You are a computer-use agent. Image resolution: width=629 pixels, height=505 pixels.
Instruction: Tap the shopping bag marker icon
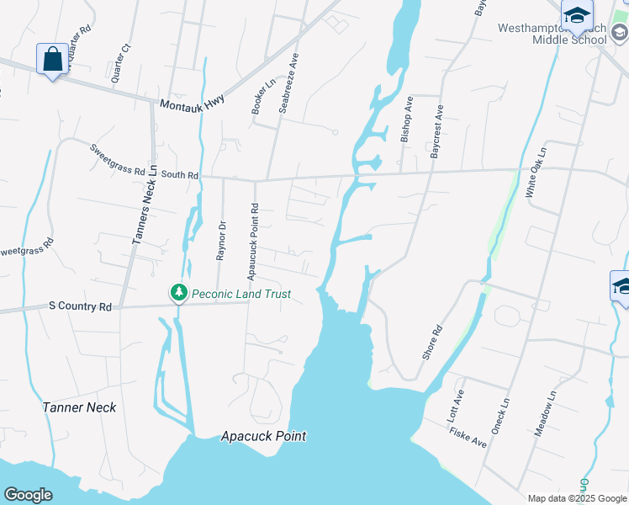pyautogui.click(x=52, y=60)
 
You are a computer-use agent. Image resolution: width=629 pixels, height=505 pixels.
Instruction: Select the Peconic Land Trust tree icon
pyautogui.click(x=178, y=293)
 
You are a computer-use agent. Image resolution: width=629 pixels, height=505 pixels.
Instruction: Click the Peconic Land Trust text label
pyautogui.click(x=241, y=294)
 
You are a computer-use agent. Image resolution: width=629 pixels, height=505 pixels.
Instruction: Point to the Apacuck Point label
pyautogui.click(x=263, y=437)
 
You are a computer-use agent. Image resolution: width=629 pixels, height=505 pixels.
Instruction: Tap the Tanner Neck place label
pyautogui.click(x=79, y=407)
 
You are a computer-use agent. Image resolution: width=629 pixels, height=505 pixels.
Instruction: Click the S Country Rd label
pyautogui.click(x=81, y=307)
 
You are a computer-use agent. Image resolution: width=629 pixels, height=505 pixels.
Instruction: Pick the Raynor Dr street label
pyautogui.click(x=222, y=241)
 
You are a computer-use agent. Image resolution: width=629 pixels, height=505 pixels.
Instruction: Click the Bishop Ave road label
pyautogui.click(x=407, y=121)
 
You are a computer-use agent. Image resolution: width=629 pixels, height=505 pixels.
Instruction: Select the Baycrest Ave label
pyautogui.click(x=436, y=131)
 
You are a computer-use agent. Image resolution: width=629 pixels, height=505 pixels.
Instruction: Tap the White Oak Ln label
pyautogui.click(x=536, y=173)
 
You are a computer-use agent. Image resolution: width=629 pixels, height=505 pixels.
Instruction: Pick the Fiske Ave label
pyautogui.click(x=468, y=436)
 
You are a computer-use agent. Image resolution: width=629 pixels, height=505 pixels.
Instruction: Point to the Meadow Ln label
pyautogui.click(x=547, y=412)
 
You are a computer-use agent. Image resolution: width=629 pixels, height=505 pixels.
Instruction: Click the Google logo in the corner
pyautogui.click(x=28, y=495)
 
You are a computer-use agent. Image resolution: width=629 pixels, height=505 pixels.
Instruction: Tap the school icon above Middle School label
pyautogui.click(x=577, y=15)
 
